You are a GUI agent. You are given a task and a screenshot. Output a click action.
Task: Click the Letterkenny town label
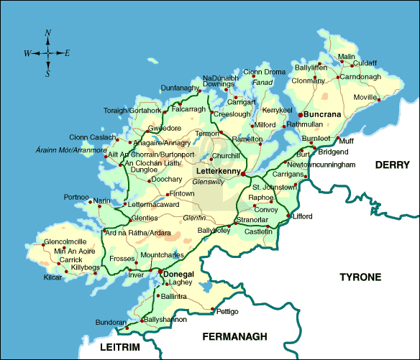point(217,172)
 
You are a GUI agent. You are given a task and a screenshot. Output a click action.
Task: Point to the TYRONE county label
point(360,277)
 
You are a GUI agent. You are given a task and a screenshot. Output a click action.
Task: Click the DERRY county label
point(392,165)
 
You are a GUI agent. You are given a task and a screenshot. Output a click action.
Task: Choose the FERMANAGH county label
point(234,336)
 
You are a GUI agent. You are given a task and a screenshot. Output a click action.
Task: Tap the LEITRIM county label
point(119,348)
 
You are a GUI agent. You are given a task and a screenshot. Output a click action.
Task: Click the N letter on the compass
point(47,33)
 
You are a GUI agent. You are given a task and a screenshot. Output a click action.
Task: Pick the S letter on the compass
point(47,73)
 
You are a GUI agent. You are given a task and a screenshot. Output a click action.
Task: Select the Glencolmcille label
point(65,241)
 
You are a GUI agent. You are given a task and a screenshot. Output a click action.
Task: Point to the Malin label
point(347,57)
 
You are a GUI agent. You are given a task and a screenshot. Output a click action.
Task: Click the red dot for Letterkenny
point(245,174)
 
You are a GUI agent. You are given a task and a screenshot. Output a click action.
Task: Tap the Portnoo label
point(76,196)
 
